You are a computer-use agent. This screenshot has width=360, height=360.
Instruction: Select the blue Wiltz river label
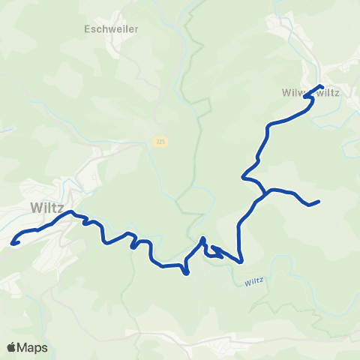pos(255,283)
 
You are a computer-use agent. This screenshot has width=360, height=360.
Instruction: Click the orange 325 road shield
pos(161,141)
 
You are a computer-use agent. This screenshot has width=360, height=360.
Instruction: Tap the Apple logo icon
pos(12,347)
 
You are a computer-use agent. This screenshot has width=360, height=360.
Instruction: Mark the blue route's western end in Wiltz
pos(13,243)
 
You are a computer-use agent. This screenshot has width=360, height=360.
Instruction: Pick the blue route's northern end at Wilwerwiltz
pos(321,86)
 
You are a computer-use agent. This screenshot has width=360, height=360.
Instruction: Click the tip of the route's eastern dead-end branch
pos(319,201)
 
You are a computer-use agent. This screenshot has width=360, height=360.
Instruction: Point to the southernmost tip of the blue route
pos(186,274)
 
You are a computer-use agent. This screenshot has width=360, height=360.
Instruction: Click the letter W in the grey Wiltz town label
pos(36,207)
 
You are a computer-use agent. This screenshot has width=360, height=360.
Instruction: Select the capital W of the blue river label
pos(247,283)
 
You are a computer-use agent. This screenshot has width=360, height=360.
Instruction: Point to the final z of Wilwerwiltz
pos(338,94)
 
